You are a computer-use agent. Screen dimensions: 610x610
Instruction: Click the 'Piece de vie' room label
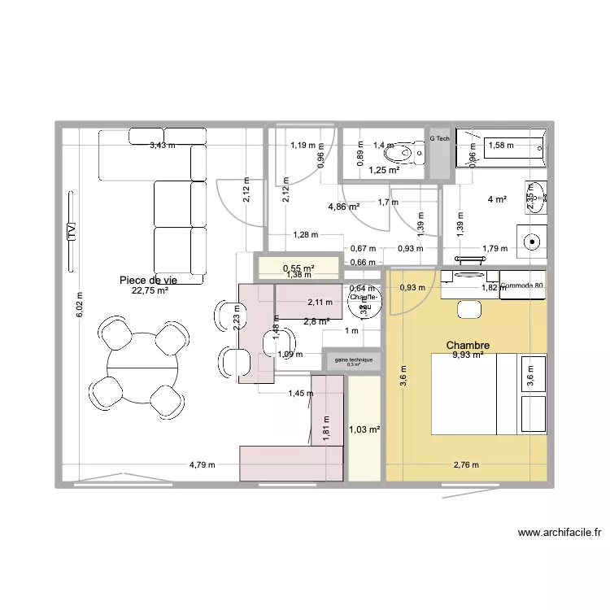pos(148,280)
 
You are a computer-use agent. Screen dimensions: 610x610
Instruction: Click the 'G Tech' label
pos(439,139)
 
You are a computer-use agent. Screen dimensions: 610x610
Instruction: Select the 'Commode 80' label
pos(522,285)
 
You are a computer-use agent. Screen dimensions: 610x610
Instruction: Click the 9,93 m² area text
pos(468,355)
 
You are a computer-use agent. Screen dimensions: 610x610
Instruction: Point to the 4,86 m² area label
pos(343,207)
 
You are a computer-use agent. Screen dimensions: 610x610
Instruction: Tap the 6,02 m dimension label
pos(79,306)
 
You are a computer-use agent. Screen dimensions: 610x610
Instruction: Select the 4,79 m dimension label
pos(202,465)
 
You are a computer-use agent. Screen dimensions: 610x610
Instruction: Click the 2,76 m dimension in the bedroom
pos(466,465)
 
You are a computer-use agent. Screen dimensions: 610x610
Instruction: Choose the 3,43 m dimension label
pos(161,146)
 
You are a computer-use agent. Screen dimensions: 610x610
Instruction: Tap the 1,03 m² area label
pos(364,429)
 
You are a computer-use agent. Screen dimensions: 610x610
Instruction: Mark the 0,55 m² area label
pos(298,268)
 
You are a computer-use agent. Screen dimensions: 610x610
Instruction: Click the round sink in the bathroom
pos(533,241)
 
